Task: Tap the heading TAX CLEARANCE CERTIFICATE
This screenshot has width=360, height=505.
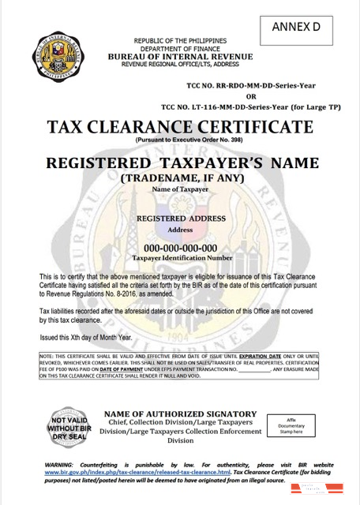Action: point(180,128)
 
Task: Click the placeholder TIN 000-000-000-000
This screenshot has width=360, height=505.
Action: point(182,248)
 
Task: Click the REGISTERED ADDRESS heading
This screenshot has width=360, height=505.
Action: point(181,218)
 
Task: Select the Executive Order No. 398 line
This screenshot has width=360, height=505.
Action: point(182,140)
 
